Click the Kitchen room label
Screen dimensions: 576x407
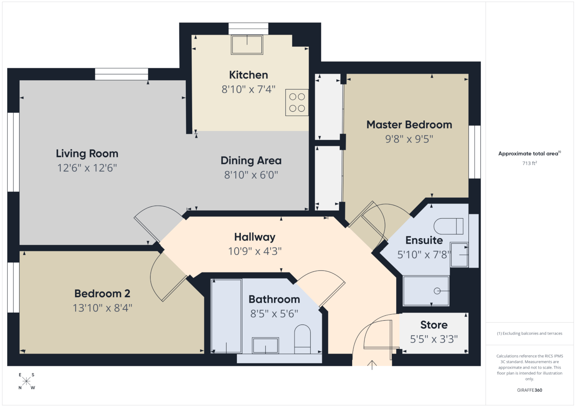pos(248,75)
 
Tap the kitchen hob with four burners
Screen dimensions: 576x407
pos(297,102)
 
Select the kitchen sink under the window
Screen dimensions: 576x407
pos(247,45)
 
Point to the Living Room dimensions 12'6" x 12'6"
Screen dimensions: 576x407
pos(87,168)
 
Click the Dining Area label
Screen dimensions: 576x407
pos(251,161)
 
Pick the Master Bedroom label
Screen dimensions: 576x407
pos(409,125)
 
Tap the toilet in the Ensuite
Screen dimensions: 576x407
pos(449,226)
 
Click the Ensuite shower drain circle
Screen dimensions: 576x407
pos(437,291)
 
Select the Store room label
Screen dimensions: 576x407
pos(434,325)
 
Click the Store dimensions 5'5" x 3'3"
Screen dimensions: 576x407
pos(434,339)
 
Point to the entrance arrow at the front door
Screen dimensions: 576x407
pos(372,365)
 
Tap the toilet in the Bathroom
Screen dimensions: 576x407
pos(302,339)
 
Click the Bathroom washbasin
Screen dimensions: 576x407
pos(265,345)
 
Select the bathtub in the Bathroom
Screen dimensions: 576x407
pos(226,316)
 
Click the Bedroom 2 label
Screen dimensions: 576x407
pos(102,293)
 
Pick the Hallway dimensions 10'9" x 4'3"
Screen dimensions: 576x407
pos(255,251)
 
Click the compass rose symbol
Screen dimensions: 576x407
pos(26,381)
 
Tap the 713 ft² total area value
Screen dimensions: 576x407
pos(530,163)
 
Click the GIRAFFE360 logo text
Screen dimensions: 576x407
pos(530,390)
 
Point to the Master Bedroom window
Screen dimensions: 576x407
pos(474,152)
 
